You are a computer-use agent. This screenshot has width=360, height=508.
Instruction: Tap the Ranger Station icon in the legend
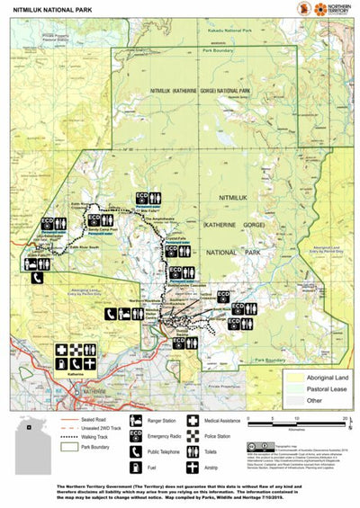(136, 420)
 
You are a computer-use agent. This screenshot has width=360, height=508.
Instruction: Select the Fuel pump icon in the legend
(136, 468)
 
